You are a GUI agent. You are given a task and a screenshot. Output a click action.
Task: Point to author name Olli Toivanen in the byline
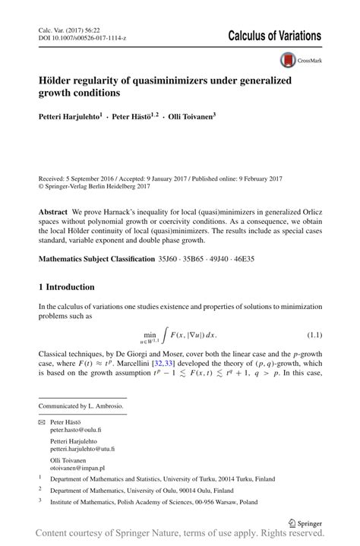(188, 118)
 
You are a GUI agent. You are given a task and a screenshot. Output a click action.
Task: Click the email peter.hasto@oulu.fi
(77, 430)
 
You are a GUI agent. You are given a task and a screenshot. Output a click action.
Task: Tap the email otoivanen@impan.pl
(77, 469)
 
